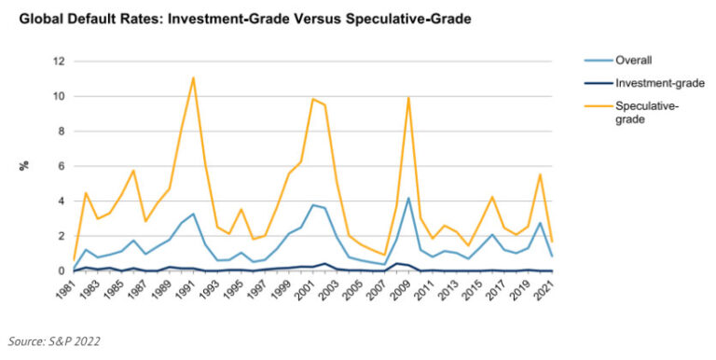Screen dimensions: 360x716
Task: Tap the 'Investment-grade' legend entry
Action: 658,83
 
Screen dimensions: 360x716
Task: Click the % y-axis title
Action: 23,166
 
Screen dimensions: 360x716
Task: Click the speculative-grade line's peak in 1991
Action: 193,77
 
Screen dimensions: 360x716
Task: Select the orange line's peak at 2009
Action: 408,97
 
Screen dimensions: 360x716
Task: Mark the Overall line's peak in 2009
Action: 408,198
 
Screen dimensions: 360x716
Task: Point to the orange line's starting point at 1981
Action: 75,259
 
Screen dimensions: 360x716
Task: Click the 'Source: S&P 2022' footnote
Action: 53,341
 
